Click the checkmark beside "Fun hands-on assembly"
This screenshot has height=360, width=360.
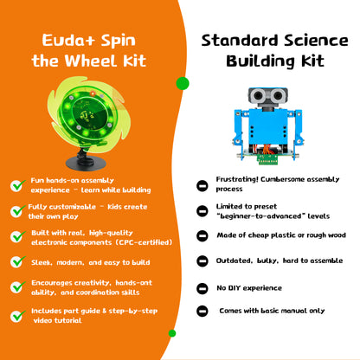point(16,185)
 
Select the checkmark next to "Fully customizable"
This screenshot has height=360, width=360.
point(16,210)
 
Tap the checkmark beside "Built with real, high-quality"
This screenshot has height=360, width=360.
point(16,235)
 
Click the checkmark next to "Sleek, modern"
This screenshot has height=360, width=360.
point(16,261)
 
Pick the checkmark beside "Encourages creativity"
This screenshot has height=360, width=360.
point(16,286)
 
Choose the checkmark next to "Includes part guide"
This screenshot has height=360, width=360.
point(16,312)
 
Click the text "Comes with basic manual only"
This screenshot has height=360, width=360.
point(272,310)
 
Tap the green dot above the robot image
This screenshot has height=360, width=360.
point(183,84)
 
